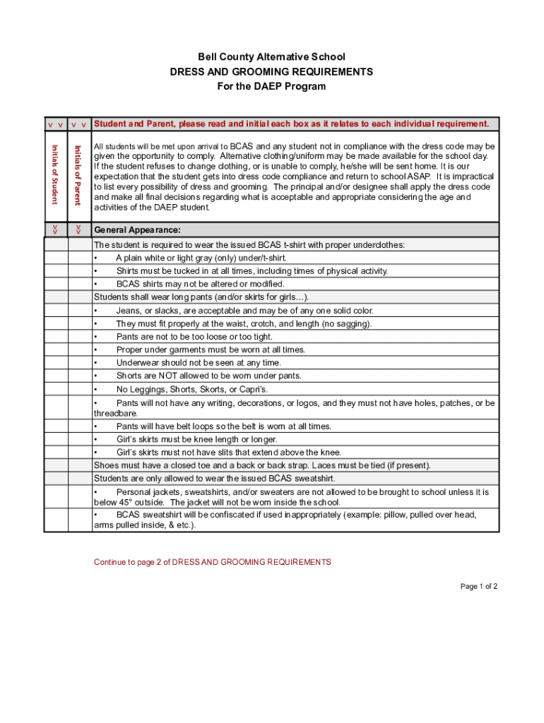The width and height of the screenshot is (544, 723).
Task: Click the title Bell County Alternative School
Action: coord(271,56)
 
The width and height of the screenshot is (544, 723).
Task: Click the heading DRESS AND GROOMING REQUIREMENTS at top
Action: coord(271,71)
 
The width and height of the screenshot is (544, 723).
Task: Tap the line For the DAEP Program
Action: coord(271,86)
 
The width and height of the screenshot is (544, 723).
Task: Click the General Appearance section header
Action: coord(137,230)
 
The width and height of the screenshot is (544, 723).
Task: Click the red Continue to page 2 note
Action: coord(212,562)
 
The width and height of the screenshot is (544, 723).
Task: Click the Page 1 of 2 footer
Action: coord(479,586)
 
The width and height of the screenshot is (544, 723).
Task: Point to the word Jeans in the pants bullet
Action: coord(129,311)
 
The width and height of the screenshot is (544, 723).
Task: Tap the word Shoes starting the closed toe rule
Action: coord(107,465)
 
